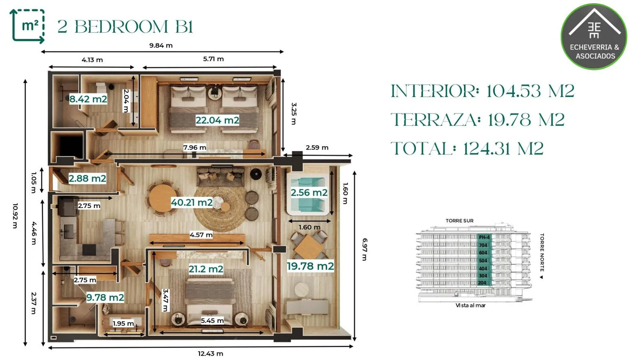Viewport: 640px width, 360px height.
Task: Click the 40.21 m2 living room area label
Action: [x=192, y=202]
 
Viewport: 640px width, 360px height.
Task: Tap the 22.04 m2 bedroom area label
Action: [x=217, y=120]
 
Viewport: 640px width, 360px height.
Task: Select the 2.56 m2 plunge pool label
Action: [x=309, y=192]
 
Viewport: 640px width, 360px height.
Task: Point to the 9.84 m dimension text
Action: [x=161, y=46]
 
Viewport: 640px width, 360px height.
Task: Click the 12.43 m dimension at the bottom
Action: [x=210, y=354]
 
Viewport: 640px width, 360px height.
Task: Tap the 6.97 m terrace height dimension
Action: [x=365, y=250]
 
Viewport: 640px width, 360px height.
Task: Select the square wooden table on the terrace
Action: [x=309, y=246]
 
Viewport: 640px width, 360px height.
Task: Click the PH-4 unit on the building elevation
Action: [x=484, y=238]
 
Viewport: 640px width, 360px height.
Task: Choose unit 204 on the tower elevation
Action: [x=482, y=283]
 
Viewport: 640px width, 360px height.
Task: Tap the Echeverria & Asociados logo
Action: [x=594, y=36]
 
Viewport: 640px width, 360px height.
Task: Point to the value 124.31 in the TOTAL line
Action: [x=503, y=148]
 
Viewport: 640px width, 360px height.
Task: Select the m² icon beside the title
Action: [x=28, y=26]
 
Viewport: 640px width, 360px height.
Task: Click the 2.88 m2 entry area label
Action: [x=87, y=178]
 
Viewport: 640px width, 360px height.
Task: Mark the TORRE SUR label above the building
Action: [x=460, y=221]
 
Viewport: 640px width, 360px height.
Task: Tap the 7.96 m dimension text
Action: [x=194, y=148]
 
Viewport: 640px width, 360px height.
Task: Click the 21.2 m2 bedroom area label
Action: [x=206, y=269]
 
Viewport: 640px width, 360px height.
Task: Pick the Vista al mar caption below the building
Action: [x=470, y=306]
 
